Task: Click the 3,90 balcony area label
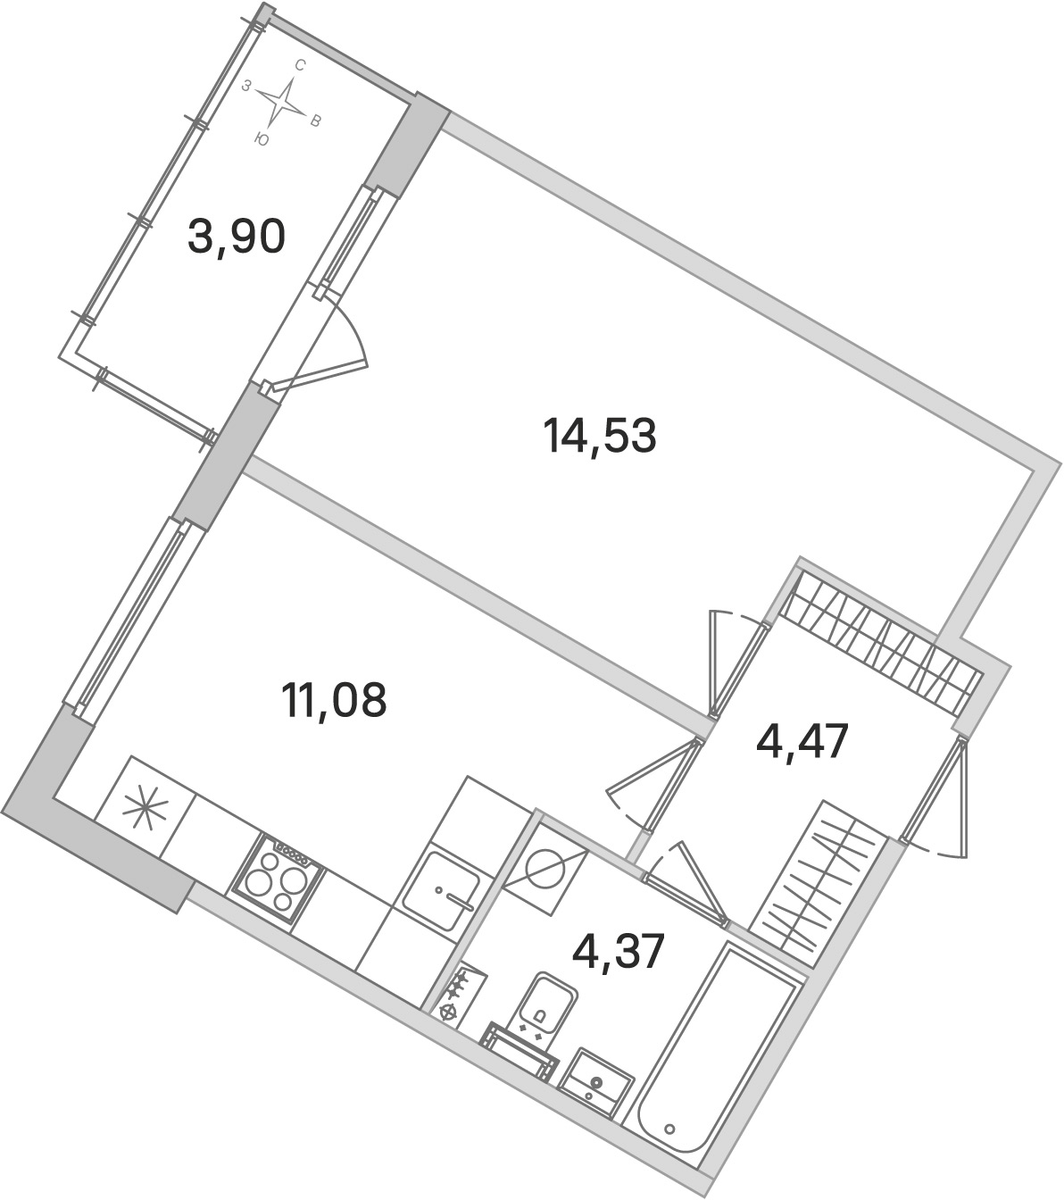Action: (x=237, y=237)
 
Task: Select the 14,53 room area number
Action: (x=599, y=436)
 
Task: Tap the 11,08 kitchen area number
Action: (x=335, y=700)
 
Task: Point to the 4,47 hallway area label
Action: (x=802, y=742)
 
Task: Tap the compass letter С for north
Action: (x=300, y=66)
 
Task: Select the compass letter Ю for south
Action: (x=261, y=140)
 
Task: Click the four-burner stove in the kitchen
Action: (x=277, y=877)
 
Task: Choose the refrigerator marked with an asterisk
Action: (x=145, y=805)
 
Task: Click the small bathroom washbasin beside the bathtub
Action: (x=596, y=1080)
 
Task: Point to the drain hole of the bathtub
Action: (x=670, y=1127)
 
